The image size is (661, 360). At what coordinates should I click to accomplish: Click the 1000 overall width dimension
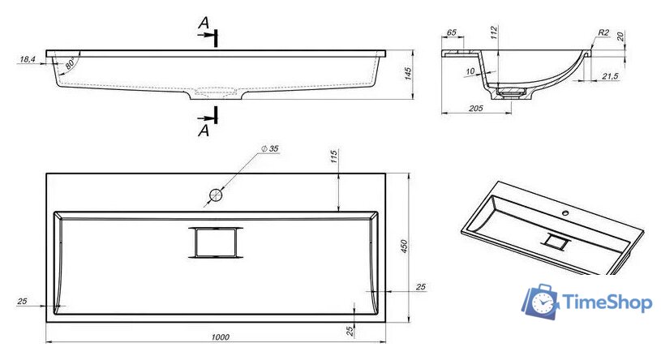pyautogui.click(x=220, y=336)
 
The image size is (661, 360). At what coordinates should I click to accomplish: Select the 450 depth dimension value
pyautogui.click(x=404, y=246)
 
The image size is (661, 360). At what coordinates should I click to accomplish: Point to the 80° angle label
pyautogui.click(x=71, y=64)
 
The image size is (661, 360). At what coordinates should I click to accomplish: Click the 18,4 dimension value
pyautogui.click(x=28, y=59)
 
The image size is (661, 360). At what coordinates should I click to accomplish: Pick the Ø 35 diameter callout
pyautogui.click(x=270, y=148)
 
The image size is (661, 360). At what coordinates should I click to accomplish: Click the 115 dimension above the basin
pyautogui.click(x=333, y=156)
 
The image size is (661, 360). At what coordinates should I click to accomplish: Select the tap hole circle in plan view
pyautogui.click(x=216, y=195)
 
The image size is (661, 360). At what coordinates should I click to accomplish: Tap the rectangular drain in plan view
pyautogui.click(x=216, y=242)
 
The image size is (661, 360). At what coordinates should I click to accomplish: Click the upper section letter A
pyautogui.click(x=204, y=23)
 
